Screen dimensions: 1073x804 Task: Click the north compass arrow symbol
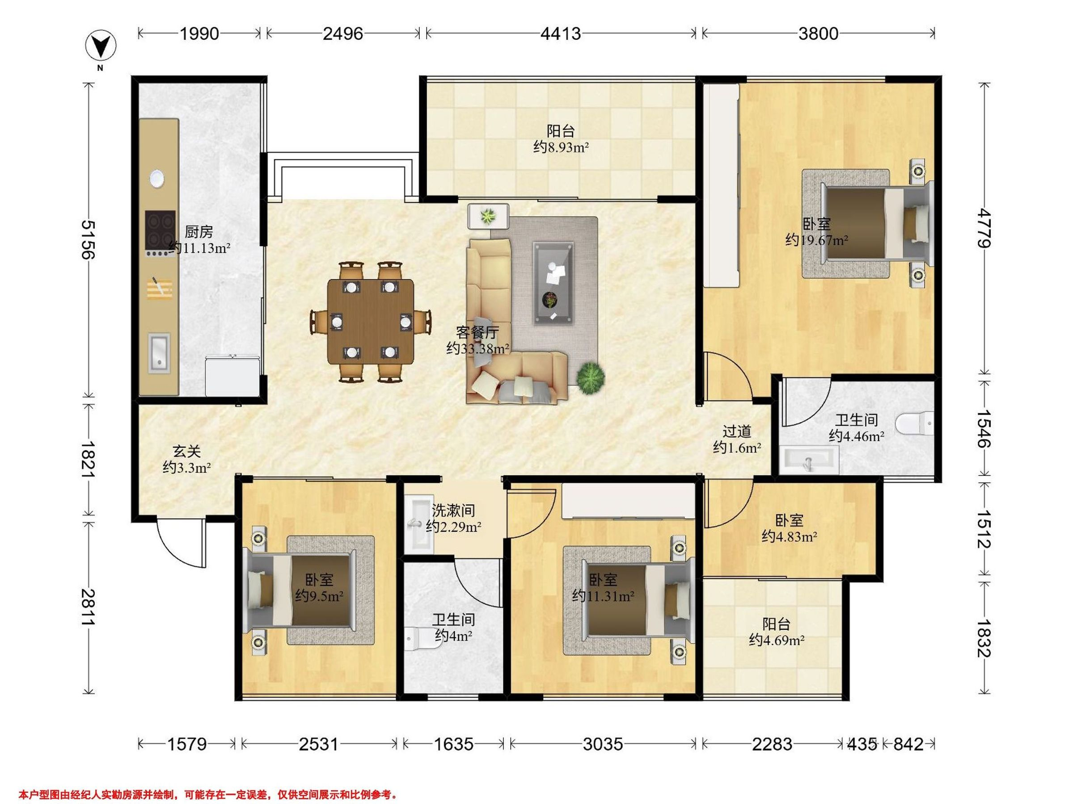pos(101,46)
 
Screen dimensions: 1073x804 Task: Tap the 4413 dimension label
pos(560,33)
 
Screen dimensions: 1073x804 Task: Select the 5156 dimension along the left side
pos(88,239)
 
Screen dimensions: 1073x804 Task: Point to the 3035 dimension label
pos(603,743)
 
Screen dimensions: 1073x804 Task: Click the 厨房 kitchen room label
pos(199,232)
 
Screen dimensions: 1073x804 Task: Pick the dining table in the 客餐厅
pos(371,321)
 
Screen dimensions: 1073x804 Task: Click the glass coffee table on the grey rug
pos(553,283)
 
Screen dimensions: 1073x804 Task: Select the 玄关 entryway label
pos(187,452)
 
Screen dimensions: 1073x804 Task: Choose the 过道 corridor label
pos(737,431)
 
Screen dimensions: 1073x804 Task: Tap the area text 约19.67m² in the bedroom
pos(817,240)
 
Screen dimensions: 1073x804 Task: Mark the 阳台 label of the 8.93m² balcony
pos(561,131)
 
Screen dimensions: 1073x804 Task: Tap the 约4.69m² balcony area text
pos(777,640)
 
